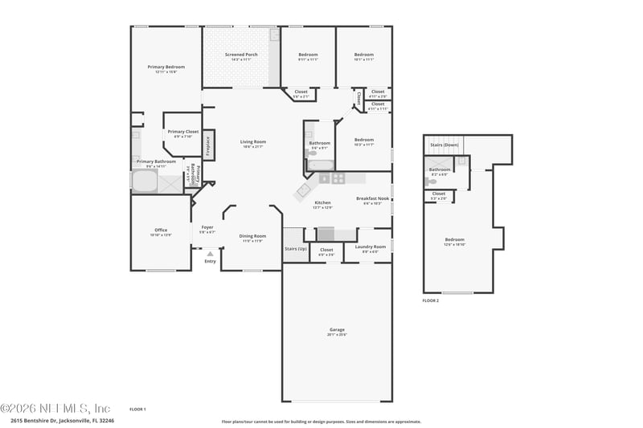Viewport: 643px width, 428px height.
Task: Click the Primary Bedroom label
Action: tap(166, 67)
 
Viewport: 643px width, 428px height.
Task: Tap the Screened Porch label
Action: tap(240, 55)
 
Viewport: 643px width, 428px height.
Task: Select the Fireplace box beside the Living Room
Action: tap(208, 145)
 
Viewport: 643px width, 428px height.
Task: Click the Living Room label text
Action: tap(252, 142)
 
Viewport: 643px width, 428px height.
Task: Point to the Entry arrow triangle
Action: tap(211, 254)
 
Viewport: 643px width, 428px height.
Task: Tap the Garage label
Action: tap(337, 329)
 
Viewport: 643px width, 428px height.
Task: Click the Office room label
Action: tap(161, 230)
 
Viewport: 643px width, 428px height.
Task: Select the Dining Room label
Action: tap(252, 236)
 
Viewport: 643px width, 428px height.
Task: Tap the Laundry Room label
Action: tap(370, 247)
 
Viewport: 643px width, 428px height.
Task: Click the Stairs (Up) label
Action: tap(295, 248)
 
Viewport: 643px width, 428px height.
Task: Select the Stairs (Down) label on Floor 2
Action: tap(444, 145)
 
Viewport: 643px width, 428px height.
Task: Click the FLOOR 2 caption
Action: tap(431, 300)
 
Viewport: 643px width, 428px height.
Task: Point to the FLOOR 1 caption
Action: tap(137, 409)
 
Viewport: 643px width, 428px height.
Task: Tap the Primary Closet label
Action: tap(182, 131)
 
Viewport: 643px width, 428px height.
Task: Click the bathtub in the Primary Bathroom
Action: tap(145, 182)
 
